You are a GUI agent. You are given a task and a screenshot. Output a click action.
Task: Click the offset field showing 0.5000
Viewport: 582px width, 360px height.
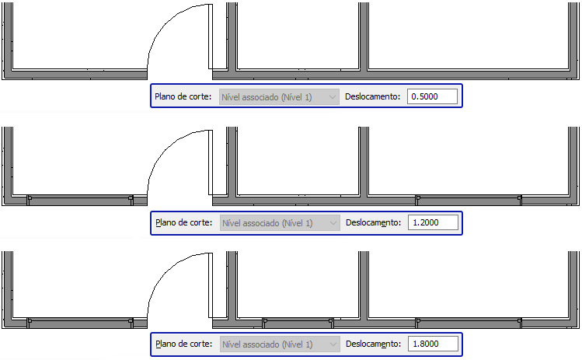(432, 96)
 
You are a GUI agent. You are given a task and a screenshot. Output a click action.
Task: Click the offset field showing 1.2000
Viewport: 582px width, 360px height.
(432, 223)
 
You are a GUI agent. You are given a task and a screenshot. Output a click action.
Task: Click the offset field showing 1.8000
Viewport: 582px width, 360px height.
(432, 344)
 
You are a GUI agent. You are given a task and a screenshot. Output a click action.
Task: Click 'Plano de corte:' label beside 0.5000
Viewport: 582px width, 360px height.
(183, 96)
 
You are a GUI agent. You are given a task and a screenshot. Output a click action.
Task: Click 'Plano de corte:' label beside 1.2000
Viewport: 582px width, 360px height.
(183, 223)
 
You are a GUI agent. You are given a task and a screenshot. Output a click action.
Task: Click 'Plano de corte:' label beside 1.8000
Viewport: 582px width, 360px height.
(183, 344)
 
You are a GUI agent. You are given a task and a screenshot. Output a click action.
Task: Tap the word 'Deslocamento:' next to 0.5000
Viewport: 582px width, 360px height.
(373, 96)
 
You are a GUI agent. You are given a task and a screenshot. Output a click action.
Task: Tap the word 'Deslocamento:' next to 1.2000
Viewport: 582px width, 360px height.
(373, 223)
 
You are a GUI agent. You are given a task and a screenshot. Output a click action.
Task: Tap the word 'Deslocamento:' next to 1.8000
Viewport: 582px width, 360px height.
(373, 344)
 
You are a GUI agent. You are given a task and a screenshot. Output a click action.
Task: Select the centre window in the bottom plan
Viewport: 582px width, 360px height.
(298, 320)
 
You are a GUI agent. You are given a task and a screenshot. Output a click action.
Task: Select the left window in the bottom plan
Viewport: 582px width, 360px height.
(79, 320)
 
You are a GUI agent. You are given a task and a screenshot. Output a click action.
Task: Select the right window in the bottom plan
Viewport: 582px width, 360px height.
(469, 320)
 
